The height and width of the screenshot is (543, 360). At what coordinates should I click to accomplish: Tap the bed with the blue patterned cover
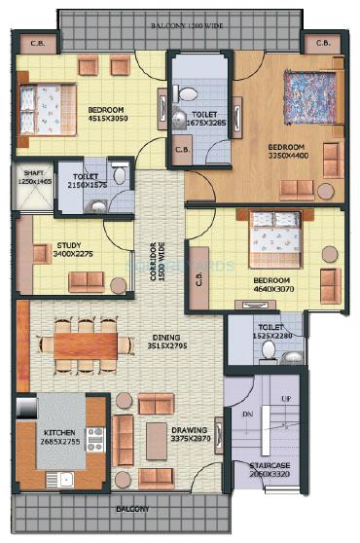307,96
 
